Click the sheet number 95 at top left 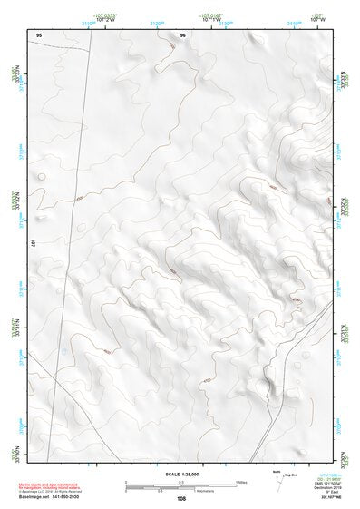click(37, 35)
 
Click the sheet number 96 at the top click(182, 35)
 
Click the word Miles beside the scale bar click(242, 482)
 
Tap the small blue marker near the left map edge click(63, 350)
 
